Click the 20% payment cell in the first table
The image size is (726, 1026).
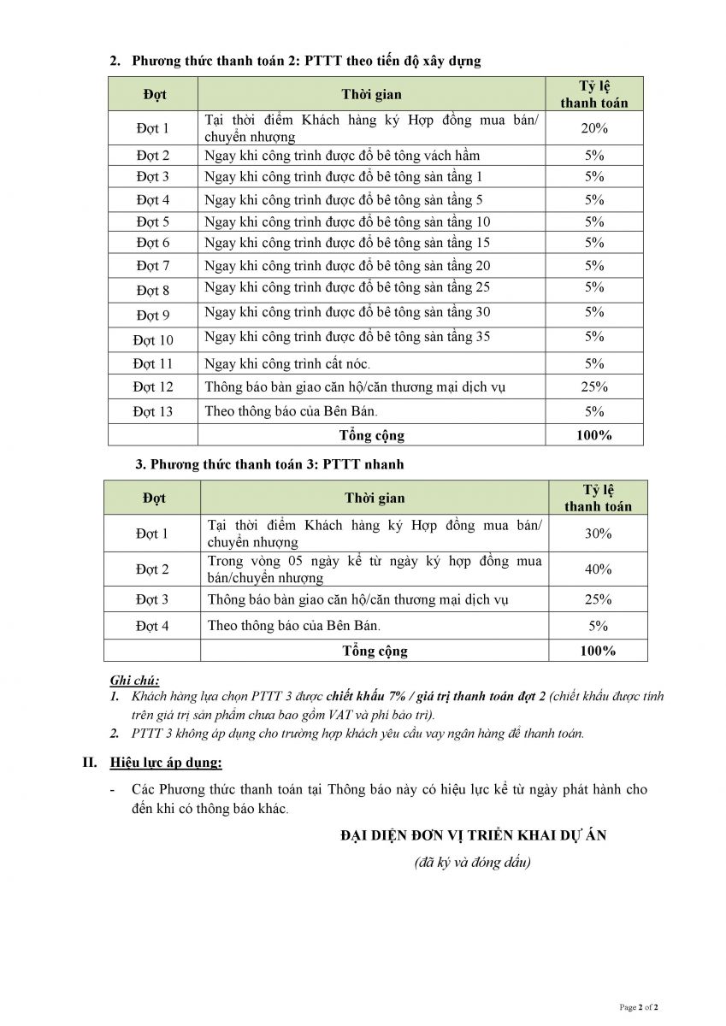594,128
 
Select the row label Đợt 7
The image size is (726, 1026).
153,266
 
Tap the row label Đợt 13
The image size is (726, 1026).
153,411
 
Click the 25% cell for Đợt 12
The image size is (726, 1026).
594,386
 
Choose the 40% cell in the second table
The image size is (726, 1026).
598,569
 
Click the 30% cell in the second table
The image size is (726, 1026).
598,534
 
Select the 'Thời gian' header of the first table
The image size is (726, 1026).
371,94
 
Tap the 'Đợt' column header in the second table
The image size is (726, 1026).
152,498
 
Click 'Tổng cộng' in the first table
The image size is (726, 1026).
371,435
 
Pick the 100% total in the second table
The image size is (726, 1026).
598,651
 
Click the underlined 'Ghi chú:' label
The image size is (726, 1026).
135,680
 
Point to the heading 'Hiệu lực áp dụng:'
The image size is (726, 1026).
166,762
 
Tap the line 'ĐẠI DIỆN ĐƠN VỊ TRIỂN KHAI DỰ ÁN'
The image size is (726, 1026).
473,835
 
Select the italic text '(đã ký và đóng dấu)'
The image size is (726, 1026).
472,862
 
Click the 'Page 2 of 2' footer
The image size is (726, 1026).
638,1008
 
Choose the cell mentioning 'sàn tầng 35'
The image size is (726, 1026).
347,337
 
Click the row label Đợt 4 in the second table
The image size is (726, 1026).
152,626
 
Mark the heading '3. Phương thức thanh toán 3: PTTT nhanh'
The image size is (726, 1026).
269,464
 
